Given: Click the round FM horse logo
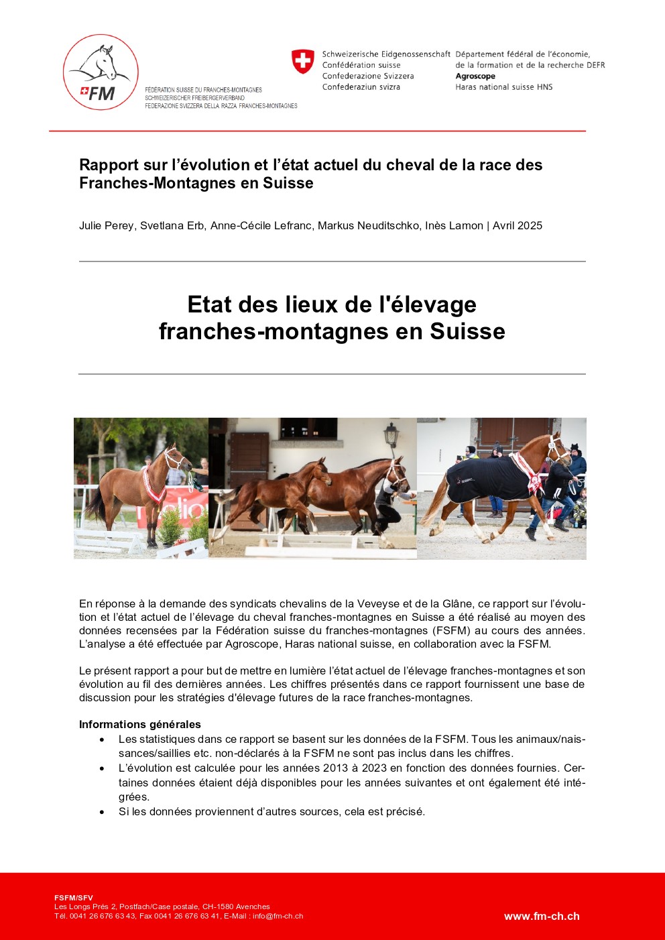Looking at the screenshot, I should (101, 72).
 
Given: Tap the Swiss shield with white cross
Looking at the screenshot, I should (303, 62).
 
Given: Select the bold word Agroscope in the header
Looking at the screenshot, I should (475, 76).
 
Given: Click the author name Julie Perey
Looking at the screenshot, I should (106, 225).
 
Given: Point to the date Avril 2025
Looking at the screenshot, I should (518, 225).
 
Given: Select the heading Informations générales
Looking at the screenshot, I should (139, 724).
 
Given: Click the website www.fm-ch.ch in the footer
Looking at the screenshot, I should (542, 917).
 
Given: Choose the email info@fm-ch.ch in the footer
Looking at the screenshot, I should (278, 916).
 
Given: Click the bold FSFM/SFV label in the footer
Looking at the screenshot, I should (74, 898).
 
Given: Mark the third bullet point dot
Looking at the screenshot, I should (102, 812).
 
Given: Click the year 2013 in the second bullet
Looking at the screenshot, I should (335, 768).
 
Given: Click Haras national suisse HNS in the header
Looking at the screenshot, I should (504, 86).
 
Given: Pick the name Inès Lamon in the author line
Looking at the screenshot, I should (454, 225).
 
